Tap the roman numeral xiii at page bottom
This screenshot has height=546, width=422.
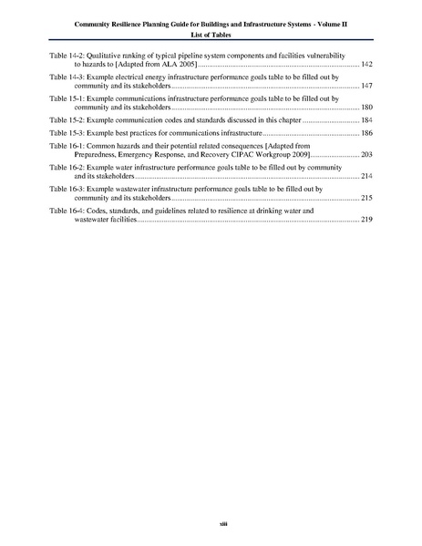tap(211, 522)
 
